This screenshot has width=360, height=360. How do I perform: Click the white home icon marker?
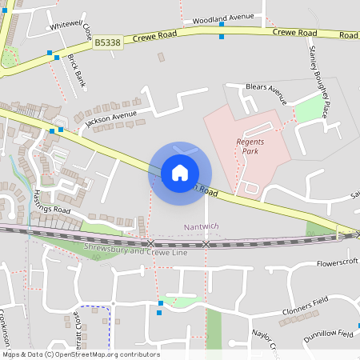coord(180,172)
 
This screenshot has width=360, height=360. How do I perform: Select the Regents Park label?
coord(250,146)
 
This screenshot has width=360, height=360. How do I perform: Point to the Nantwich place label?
coord(200,226)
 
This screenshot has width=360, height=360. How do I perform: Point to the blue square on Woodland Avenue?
coord(222,25)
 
